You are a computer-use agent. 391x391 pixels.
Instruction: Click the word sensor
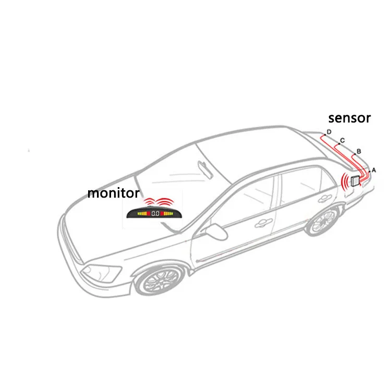(349, 118)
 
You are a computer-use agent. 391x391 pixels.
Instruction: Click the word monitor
(113, 193)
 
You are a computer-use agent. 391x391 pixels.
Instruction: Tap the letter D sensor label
(329, 131)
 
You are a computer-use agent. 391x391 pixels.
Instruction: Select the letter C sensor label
(343, 140)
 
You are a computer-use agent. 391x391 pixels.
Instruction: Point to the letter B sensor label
(359, 151)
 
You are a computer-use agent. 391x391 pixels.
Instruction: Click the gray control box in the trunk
(355, 181)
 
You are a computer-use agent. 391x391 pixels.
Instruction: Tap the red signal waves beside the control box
(345, 182)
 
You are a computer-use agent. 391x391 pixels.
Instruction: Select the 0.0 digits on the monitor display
(155, 213)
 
